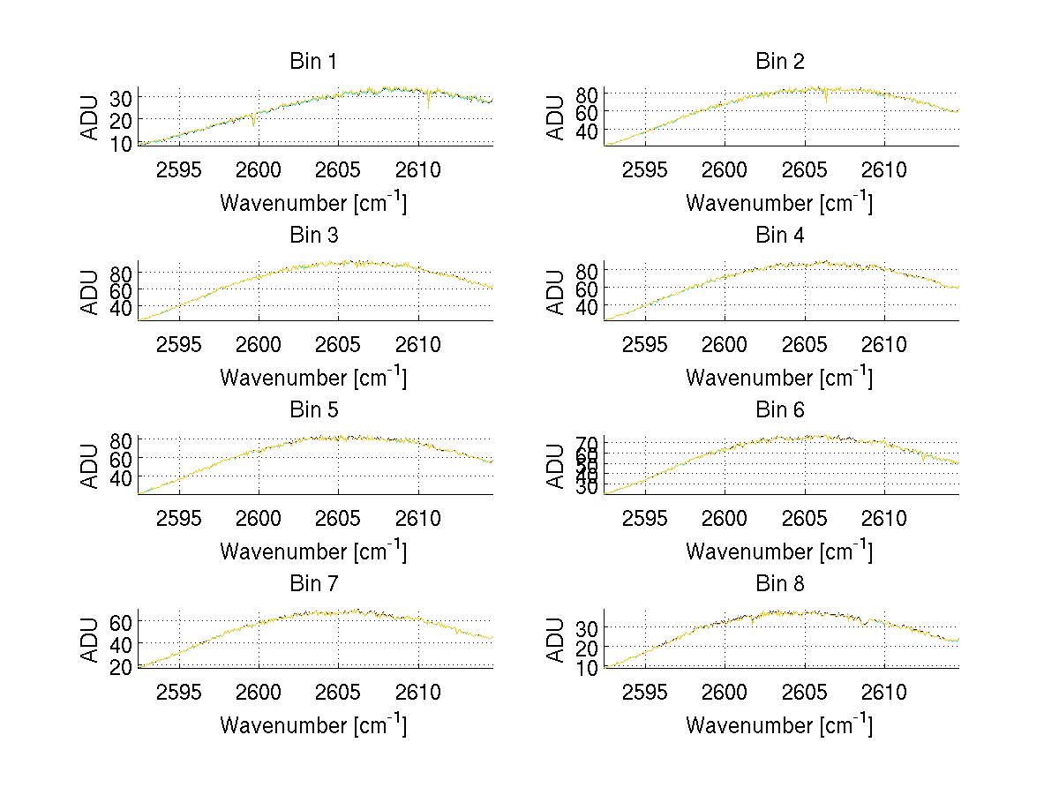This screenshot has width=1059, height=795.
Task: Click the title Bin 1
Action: click(313, 62)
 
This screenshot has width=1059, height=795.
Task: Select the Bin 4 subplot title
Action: click(779, 236)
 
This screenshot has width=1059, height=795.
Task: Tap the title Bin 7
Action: click(313, 584)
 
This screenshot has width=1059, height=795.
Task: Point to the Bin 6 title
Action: click(779, 410)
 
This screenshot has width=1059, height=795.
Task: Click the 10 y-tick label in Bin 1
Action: click(122, 143)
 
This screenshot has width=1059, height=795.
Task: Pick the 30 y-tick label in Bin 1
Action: click(122, 97)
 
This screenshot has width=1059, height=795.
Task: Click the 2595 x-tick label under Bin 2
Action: click(645, 170)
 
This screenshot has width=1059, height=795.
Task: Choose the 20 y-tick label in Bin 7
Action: click(122, 665)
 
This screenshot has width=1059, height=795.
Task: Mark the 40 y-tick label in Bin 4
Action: click(588, 307)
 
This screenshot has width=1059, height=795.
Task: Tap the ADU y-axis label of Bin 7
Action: click(90, 640)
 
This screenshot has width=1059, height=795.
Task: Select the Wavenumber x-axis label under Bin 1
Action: click(313, 203)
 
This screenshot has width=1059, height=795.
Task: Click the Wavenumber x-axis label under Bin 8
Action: click(779, 725)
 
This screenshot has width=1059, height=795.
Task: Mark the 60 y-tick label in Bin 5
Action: click(122, 458)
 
